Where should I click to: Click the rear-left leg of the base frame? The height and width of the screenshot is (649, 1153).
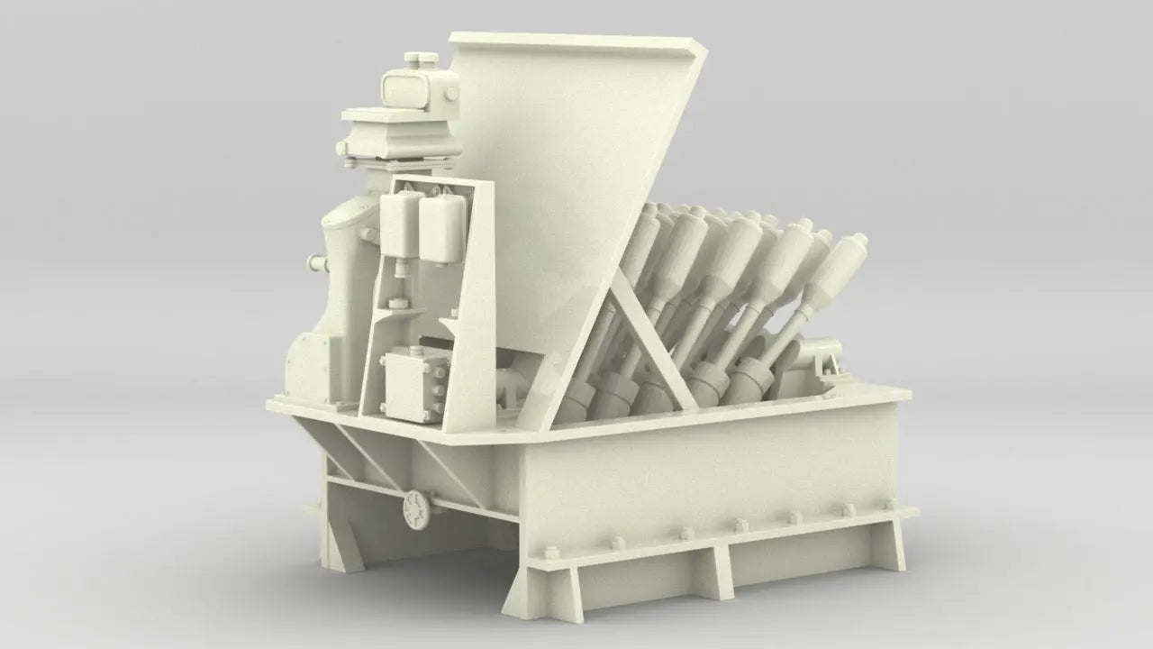pos(338,541)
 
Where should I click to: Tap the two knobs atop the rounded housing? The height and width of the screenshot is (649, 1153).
pos(422,59)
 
